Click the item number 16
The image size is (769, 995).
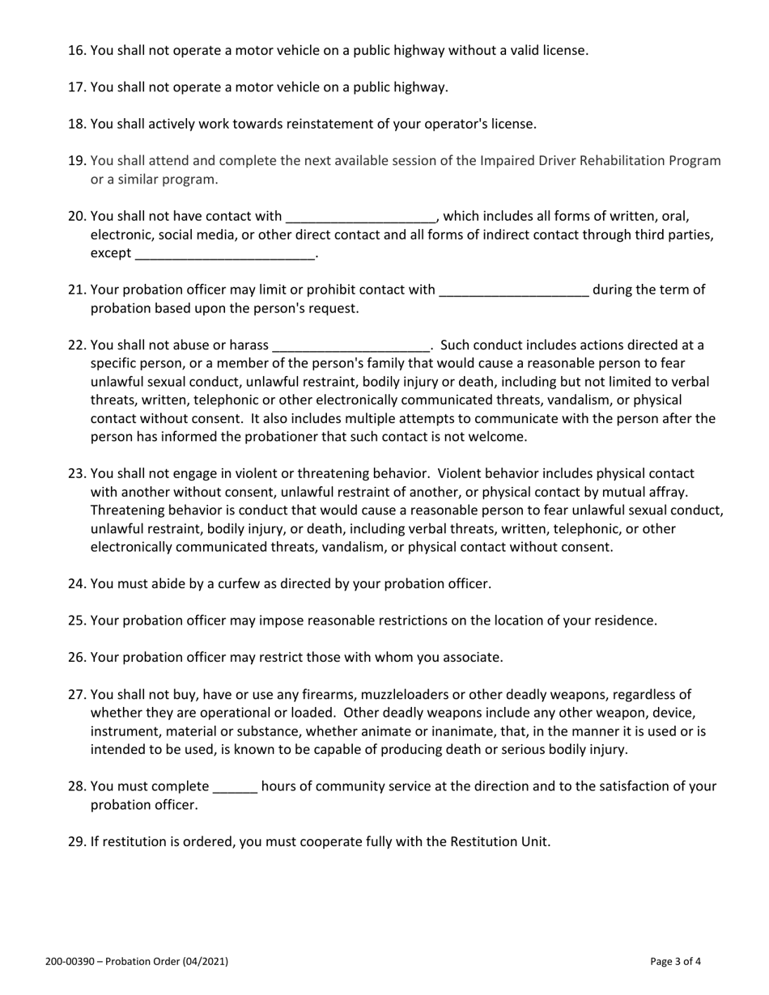pos(77,50)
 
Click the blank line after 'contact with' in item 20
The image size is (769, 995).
pos(361,217)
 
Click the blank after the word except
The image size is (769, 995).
pos(225,254)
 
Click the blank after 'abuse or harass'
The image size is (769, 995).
pos(351,345)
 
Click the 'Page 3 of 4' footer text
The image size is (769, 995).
pos(675,962)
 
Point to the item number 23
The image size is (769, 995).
pos(77,473)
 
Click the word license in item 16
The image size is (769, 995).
pos(563,50)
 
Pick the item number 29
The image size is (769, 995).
pos(77,841)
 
